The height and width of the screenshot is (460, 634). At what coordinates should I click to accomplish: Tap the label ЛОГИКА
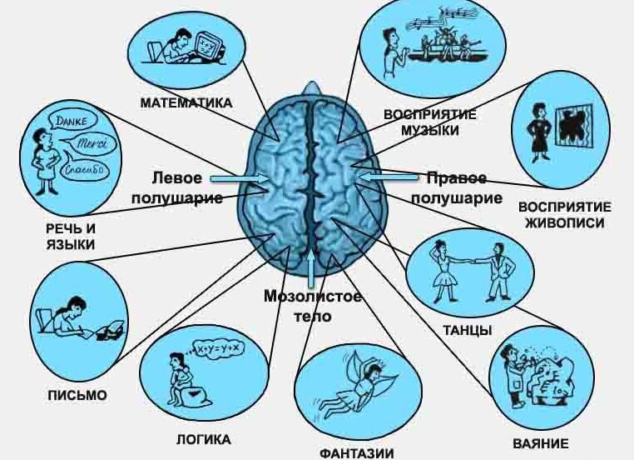tap(203, 439)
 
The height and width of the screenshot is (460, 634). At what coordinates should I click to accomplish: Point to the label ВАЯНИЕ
tap(541, 442)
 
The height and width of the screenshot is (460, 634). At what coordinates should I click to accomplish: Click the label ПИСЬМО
tap(78, 395)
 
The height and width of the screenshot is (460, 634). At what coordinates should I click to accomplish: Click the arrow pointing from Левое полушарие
tap(238, 178)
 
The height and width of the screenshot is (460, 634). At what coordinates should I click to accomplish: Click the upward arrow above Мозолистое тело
tap(311, 269)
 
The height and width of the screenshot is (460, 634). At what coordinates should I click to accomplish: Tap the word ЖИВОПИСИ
tap(565, 222)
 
